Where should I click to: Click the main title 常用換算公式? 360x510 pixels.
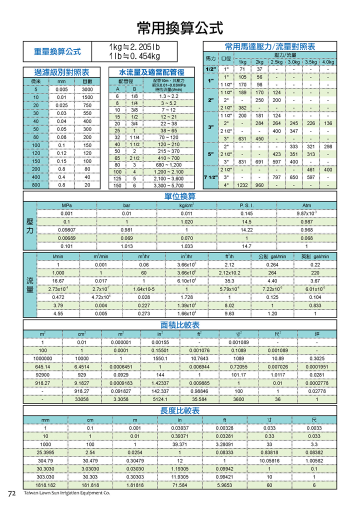180,26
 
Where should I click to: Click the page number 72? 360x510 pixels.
12,493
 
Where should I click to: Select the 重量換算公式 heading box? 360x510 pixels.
57,51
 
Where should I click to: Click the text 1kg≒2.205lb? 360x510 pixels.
134,47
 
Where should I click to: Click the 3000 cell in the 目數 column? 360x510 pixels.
87,89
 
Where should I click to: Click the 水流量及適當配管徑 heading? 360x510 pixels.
151,72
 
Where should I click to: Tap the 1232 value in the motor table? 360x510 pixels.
242,185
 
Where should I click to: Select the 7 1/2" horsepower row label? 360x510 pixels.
210,177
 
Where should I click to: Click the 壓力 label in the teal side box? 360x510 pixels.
30,226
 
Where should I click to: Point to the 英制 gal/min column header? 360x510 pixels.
314,256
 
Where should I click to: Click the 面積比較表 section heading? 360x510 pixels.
179,325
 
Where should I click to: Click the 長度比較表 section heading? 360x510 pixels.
179,410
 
